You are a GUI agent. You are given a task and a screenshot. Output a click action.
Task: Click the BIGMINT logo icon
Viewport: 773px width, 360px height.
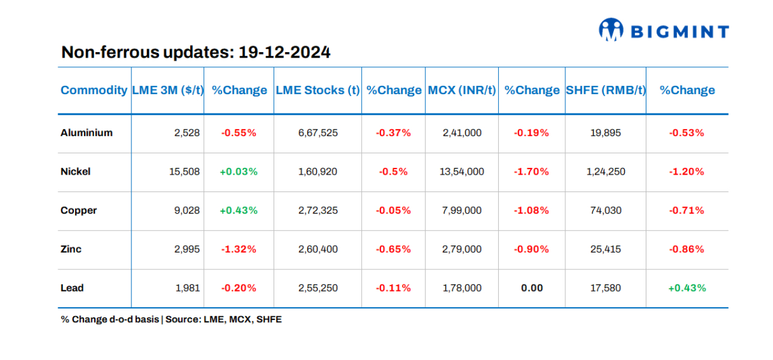(611, 29)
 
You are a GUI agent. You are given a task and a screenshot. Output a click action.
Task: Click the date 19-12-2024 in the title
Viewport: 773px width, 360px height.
(284, 53)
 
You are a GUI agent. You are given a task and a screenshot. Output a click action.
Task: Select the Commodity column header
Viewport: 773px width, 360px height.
(94, 91)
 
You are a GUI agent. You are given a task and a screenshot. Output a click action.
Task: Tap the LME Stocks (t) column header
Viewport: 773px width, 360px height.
(317, 91)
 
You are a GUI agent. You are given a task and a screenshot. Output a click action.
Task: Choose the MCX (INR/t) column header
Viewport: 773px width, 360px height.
(462, 91)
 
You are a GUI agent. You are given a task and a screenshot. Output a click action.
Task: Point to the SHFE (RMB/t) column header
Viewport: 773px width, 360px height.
(606, 91)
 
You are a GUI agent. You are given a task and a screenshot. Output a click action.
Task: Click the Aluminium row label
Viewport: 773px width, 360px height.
(86, 133)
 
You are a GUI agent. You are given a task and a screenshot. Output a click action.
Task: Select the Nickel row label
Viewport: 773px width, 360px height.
(76, 172)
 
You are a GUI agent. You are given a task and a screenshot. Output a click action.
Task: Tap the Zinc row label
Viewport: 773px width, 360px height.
(71, 249)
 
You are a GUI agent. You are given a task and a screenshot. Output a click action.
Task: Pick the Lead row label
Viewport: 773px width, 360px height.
(72, 288)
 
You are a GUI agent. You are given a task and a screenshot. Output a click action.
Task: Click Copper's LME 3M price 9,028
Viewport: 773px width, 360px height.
(187, 211)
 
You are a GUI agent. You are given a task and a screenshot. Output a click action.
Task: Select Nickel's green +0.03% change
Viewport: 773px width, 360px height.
(238, 172)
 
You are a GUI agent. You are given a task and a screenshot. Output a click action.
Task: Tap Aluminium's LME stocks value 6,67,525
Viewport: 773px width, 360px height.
(317, 133)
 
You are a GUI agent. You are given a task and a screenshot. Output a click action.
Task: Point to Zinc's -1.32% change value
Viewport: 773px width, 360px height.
(238, 249)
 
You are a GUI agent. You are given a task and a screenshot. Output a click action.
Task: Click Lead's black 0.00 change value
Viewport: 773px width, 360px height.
(531, 288)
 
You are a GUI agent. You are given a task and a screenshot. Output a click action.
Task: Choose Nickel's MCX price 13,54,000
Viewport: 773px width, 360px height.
(462, 172)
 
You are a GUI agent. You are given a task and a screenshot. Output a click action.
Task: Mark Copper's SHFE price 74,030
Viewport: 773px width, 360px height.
(606, 211)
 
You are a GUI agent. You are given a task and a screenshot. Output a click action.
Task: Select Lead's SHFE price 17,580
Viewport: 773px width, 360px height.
(606, 288)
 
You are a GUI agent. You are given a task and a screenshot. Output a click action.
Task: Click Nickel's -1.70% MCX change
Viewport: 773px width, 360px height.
(531, 172)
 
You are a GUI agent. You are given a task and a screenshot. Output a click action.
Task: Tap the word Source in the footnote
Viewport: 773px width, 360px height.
(182, 320)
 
